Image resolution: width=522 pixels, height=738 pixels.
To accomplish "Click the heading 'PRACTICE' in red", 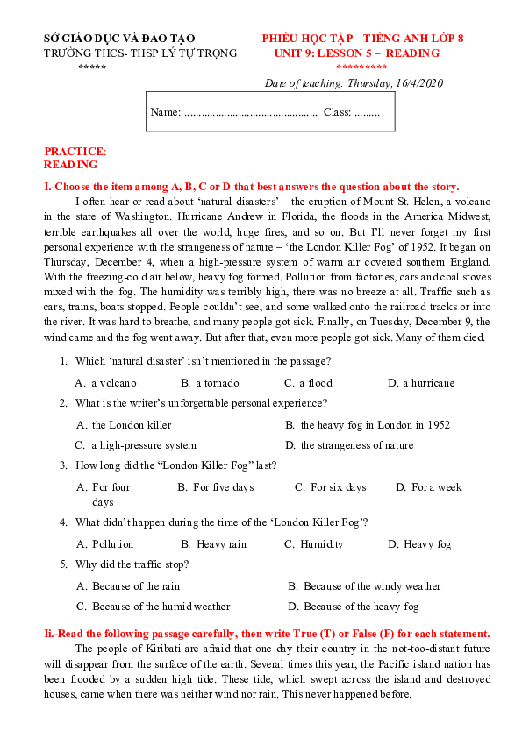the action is [x=74, y=151].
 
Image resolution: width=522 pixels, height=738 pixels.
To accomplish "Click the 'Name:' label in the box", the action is [x=165, y=113].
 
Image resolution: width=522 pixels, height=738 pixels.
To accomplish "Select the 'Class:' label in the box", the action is [x=337, y=113].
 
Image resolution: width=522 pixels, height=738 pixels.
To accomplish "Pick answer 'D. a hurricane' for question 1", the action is [x=422, y=382].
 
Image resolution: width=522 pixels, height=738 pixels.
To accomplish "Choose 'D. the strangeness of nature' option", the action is [x=349, y=445].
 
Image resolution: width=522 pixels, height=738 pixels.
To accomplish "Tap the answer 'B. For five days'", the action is [x=216, y=487].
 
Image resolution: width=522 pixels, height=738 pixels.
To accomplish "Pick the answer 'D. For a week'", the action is [x=429, y=487].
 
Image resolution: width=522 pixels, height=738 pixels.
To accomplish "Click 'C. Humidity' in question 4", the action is [x=314, y=544].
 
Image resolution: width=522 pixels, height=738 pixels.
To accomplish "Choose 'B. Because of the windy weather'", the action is [x=364, y=586].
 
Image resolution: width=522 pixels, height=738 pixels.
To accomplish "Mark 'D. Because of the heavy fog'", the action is [x=354, y=607].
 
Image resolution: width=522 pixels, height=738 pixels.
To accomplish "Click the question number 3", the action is [x=63, y=465].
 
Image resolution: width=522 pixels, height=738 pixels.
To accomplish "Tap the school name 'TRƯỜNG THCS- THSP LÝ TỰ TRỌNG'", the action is [x=140, y=53].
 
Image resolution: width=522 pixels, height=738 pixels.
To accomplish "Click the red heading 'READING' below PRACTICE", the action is [x=70, y=164].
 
